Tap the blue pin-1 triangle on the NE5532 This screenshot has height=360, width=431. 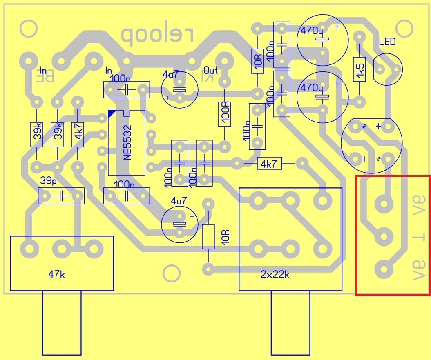click(x=112, y=113)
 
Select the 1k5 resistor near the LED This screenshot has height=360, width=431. click(x=360, y=70)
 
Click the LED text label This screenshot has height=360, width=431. click(x=387, y=42)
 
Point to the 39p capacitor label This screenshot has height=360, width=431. click(x=48, y=180)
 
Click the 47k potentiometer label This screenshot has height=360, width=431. click(x=56, y=274)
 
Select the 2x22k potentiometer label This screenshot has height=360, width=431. click(x=275, y=274)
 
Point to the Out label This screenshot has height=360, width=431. click(x=210, y=70)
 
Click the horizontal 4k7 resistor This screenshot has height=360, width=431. click(x=269, y=164)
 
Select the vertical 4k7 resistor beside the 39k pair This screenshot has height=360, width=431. click(x=78, y=134)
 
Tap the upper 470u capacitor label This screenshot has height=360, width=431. click(x=311, y=31)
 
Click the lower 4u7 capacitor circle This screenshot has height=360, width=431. click(x=179, y=223)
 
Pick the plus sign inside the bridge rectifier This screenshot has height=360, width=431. click(x=378, y=126)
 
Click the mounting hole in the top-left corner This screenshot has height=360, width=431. click(x=28, y=29)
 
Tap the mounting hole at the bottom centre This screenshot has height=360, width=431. click(x=171, y=273)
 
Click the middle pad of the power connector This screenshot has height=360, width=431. click(x=384, y=236)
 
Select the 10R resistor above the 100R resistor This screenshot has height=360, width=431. click(x=257, y=61)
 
